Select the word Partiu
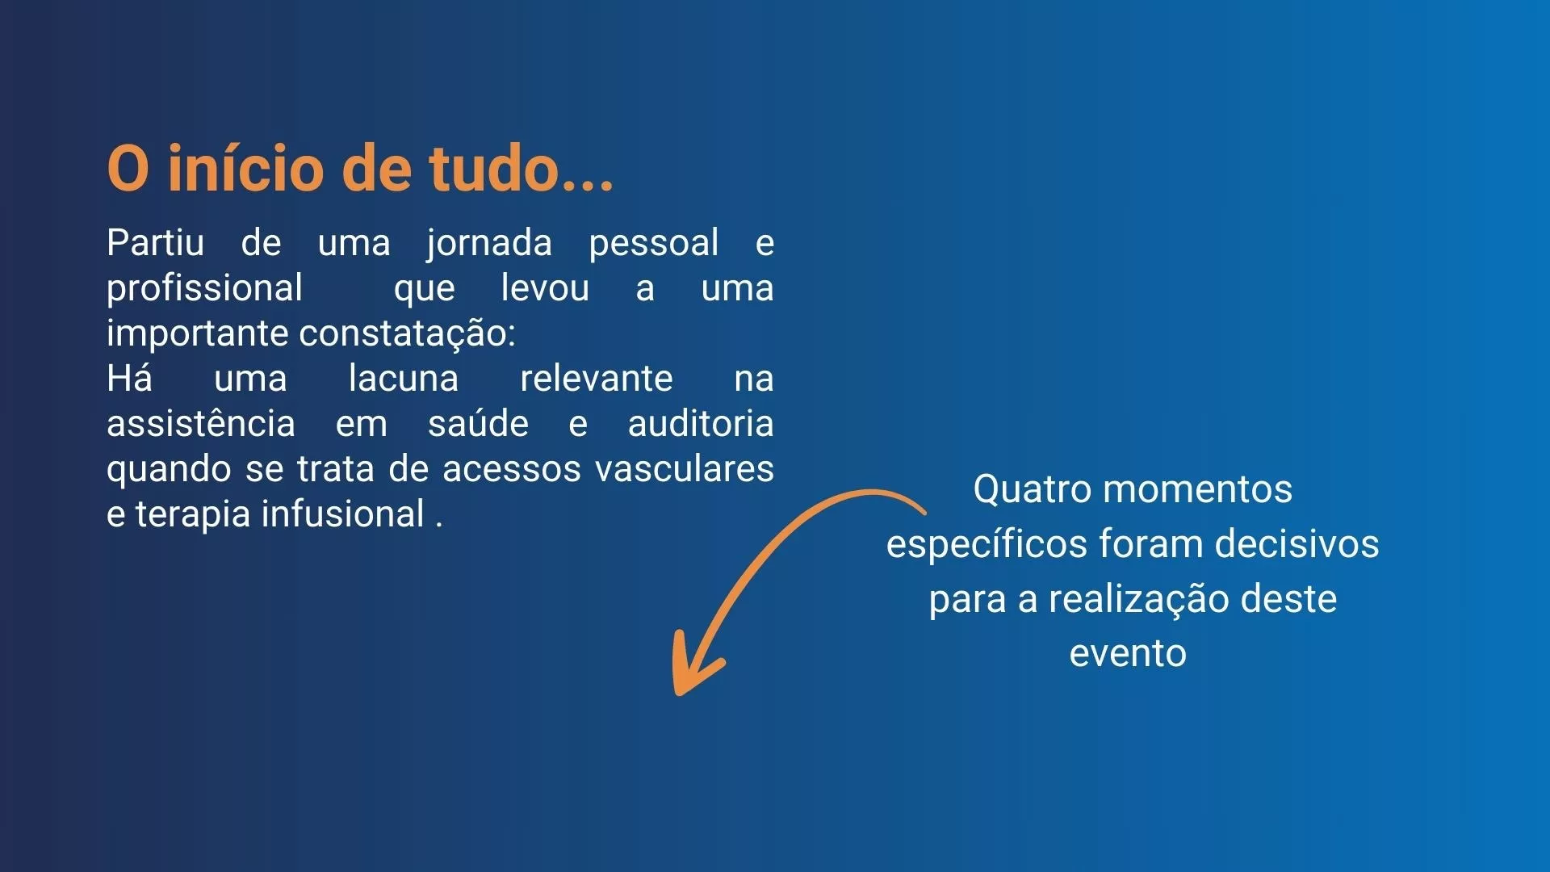coord(156,242)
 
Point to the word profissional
coord(205,289)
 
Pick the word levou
coord(545,287)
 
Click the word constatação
coord(407,334)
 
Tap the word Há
coord(130,378)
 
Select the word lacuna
coord(404,378)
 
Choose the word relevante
coord(597,378)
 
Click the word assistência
coord(201,423)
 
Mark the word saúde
coord(478,423)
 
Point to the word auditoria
coord(701,423)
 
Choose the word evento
coord(1128,653)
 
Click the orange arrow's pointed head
coord(678,690)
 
